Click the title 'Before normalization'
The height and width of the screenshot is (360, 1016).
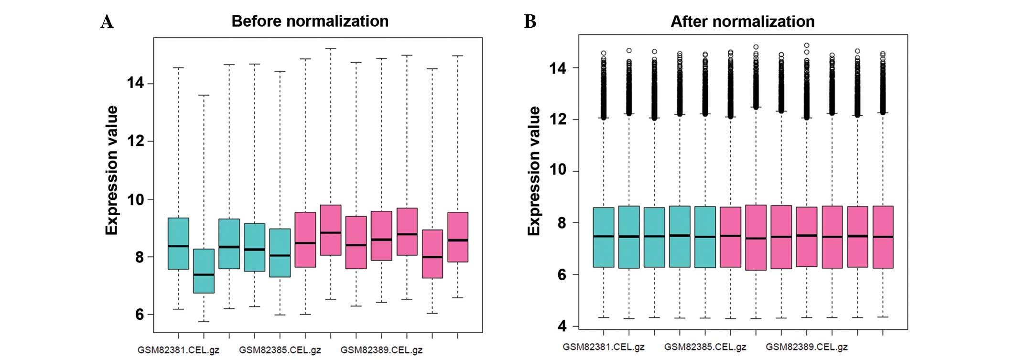310,21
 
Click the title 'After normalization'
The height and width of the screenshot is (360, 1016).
742,22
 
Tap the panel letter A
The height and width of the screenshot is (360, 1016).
107,22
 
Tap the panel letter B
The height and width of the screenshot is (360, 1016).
530,22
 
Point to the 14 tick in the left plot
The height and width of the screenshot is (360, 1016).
135,83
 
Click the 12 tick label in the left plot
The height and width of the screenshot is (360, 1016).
135,141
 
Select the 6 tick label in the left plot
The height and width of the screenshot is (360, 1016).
139,315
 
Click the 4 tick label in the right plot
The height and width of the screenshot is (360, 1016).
562,326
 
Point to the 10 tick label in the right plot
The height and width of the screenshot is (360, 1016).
558,170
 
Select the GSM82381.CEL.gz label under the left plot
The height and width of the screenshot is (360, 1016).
178,350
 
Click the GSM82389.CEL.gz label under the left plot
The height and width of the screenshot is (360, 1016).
381,350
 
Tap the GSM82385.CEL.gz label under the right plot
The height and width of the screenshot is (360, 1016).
705,347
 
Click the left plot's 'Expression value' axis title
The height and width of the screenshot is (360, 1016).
111,170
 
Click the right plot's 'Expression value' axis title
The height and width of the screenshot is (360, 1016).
534,171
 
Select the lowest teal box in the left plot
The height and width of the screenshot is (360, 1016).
204,271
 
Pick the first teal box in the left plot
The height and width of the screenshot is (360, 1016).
178,243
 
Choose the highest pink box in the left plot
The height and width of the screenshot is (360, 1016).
331,230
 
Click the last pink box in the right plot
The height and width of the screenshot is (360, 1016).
883,237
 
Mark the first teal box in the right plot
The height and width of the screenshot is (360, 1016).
604,237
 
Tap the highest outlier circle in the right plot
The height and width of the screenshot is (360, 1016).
807,45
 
